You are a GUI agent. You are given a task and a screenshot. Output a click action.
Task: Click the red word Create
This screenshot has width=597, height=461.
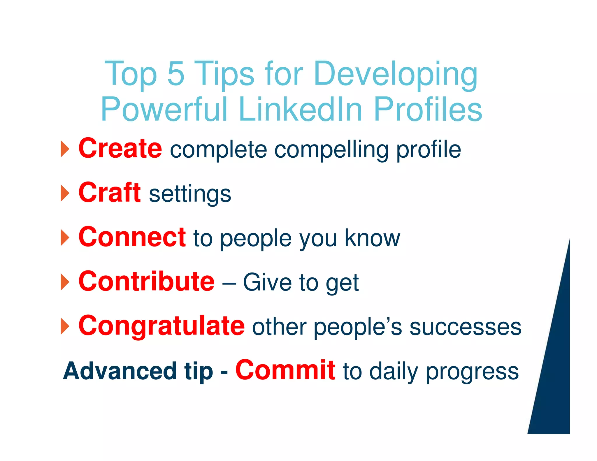[120, 149]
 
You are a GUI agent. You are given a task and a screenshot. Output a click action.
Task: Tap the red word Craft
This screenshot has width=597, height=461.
[110, 192]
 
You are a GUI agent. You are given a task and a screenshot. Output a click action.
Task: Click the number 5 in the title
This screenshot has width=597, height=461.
[176, 73]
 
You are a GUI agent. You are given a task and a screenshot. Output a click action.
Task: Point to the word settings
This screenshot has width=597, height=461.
[190, 194]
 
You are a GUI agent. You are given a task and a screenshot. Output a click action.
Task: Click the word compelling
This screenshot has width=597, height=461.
[331, 150]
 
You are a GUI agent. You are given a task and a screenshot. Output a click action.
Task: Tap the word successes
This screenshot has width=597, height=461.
[465, 327]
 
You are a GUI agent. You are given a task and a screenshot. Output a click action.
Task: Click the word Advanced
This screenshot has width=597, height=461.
[120, 371]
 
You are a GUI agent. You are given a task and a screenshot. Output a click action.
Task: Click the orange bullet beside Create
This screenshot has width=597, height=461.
[65, 149]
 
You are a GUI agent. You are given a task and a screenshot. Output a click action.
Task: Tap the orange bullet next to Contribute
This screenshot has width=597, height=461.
[65, 282]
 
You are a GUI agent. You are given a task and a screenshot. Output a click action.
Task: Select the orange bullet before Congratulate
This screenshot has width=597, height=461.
[65, 326]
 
